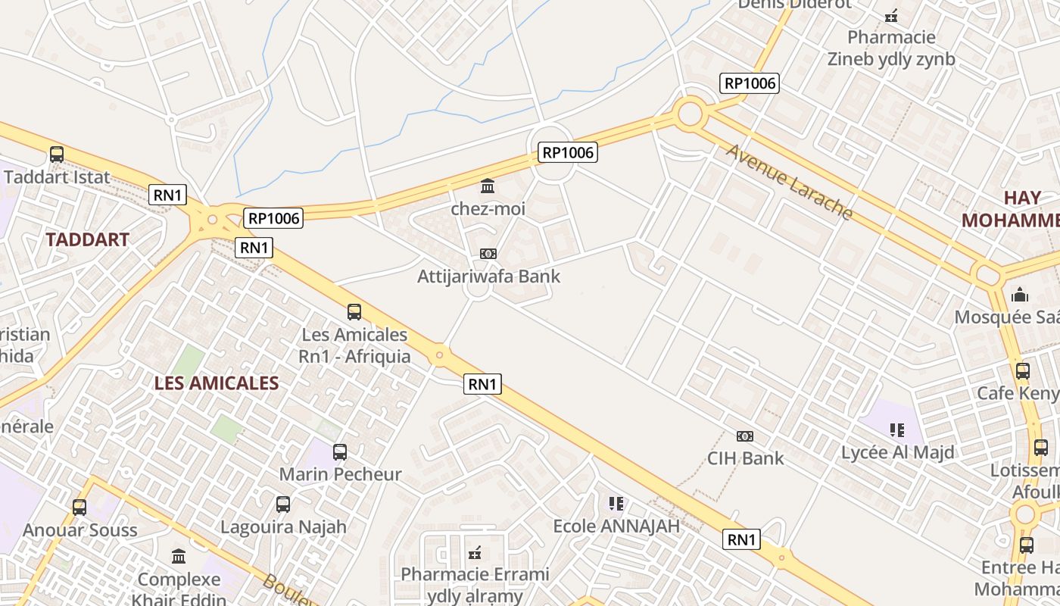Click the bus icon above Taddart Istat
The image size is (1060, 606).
(x=57, y=155)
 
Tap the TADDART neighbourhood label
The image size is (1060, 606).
(x=87, y=239)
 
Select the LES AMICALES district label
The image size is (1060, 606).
(x=217, y=383)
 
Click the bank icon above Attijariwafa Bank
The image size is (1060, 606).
(x=488, y=254)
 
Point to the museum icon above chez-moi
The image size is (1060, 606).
(x=488, y=186)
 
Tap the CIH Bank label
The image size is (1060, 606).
(x=745, y=458)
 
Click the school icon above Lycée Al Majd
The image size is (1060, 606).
(x=897, y=430)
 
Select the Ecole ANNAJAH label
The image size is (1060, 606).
(x=616, y=526)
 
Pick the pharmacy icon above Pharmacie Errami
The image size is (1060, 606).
(x=475, y=552)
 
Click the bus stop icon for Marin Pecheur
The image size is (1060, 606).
(x=340, y=452)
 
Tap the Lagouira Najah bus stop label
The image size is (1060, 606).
(x=283, y=526)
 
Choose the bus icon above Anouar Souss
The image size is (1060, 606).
(x=79, y=508)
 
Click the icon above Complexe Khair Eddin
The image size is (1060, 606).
(x=179, y=557)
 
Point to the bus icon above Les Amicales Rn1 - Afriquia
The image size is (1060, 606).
(x=354, y=312)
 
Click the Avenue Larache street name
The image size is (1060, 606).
(x=789, y=182)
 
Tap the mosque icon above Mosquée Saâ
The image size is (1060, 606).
(x=1020, y=295)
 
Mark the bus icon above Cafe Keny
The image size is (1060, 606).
(x=1022, y=371)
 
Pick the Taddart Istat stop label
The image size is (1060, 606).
(x=57, y=177)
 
